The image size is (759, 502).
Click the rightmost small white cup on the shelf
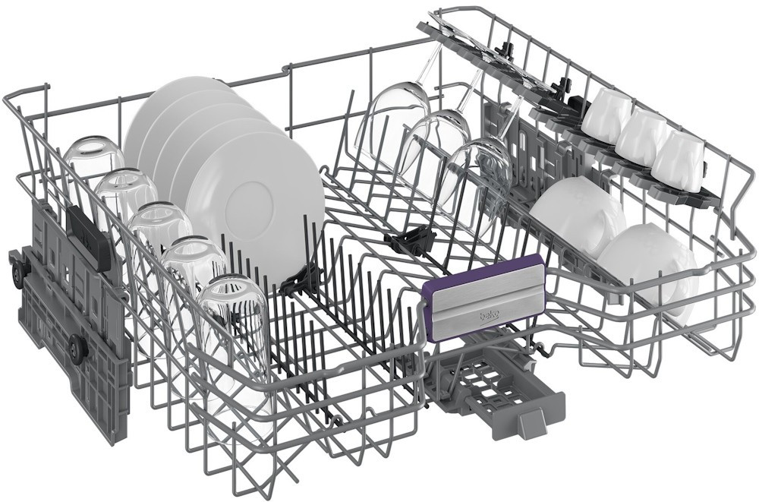tap(678, 154)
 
